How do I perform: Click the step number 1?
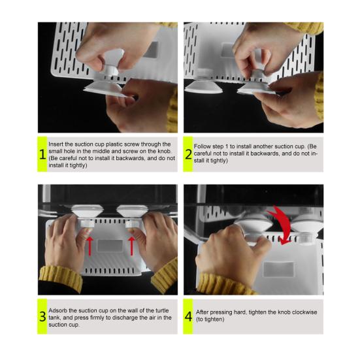[x=42, y=154]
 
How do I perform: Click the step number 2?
[x=188, y=154]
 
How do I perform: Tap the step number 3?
[x=42, y=317]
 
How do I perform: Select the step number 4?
[x=188, y=317]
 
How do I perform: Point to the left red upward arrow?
[x=90, y=246]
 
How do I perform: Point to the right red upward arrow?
[x=132, y=246]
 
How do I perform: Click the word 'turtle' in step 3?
[x=162, y=310]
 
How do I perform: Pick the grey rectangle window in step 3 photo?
[x=110, y=246]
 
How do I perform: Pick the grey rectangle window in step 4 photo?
[x=279, y=269]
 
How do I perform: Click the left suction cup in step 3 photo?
[x=88, y=210]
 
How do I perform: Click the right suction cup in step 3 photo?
[x=132, y=211]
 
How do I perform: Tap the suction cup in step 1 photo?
[x=103, y=88]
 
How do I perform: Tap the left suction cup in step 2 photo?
[x=203, y=88]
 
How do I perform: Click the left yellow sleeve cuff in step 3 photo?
[x=61, y=278]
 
